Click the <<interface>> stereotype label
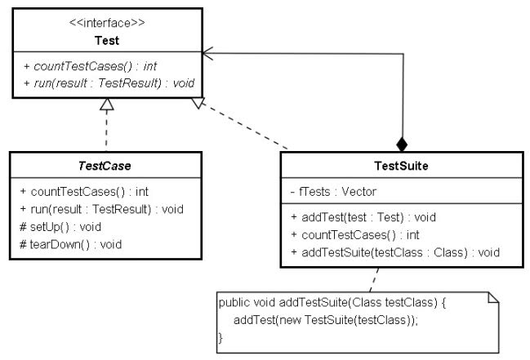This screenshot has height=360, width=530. (x=107, y=23)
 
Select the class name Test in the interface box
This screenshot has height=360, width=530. (x=107, y=41)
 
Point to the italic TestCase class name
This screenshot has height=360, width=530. (x=105, y=166)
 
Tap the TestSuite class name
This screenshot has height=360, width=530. (x=401, y=166)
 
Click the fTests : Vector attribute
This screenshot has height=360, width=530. (x=333, y=192)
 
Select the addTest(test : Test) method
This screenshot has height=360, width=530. (x=363, y=217)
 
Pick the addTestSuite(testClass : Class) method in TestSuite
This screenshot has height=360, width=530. (x=395, y=252)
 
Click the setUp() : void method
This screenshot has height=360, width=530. (x=60, y=227)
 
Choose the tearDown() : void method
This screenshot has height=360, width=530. (x=71, y=244)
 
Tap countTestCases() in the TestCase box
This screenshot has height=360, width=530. (x=84, y=192)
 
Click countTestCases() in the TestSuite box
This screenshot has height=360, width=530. (x=355, y=235)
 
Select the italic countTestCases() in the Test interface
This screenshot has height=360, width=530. (x=91, y=66)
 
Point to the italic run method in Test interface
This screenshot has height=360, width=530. (x=109, y=83)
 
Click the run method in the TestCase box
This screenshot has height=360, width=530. (x=101, y=209)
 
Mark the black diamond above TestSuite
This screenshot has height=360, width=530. (x=402, y=144)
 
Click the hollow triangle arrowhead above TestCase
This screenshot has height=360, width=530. (x=106, y=104)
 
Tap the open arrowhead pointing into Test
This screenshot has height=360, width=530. (x=208, y=53)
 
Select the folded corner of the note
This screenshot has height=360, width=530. (x=493, y=297)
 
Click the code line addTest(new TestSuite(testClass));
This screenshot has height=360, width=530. (x=326, y=320)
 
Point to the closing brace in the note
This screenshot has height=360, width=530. (x=220, y=337)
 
